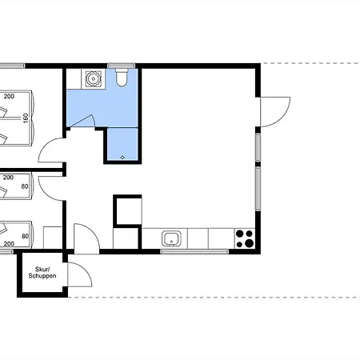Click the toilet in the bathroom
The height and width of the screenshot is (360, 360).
pyautogui.click(x=122, y=78)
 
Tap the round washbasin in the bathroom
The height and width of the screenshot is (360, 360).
pyautogui.click(x=93, y=78)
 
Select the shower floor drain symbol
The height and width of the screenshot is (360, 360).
pyautogui.click(x=122, y=158)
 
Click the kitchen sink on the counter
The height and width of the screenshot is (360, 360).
pyautogui.click(x=171, y=238)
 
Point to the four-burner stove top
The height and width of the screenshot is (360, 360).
pyautogui.click(x=245, y=238)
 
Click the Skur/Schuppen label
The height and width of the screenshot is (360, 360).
pyautogui.click(x=42, y=273)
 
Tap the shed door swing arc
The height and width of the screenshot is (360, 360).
pyautogui.click(x=80, y=274)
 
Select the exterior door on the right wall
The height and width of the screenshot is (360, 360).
pyautogui.click(x=274, y=112)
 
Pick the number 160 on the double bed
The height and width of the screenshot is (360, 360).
pyautogui.click(x=26, y=118)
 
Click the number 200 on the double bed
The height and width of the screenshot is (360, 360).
pyautogui.click(x=9, y=96)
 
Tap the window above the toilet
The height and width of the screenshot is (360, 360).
pyautogui.click(x=122, y=66)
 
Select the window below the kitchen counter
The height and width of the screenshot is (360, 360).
pyautogui.click(x=194, y=251)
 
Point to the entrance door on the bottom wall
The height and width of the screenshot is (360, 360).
pyautogui.click(x=86, y=238)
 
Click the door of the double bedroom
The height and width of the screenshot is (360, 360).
pyautogui.click(x=52, y=150)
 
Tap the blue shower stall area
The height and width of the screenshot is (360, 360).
pyautogui.click(x=122, y=144)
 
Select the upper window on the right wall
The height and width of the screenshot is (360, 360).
pyautogui.click(x=258, y=147)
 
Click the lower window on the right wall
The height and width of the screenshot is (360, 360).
pyautogui.click(x=258, y=189)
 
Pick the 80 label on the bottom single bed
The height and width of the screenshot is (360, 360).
pyautogui.click(x=25, y=236)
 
